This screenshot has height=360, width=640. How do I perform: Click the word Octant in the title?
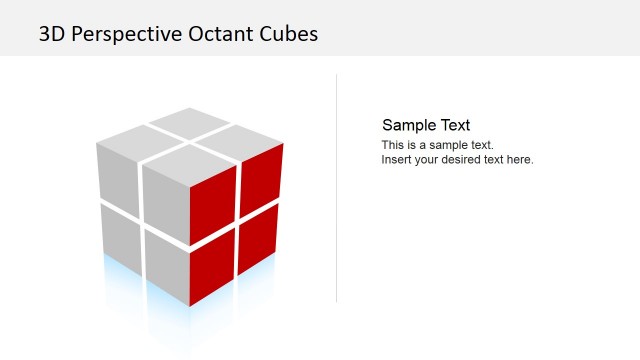[220, 34]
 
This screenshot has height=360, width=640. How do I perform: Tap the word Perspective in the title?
[126, 34]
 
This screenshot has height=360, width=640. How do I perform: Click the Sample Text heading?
[426, 125]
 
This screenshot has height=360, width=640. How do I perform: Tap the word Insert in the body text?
[397, 159]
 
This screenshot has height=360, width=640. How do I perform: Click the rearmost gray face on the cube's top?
[189, 123]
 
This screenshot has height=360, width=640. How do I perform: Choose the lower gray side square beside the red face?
[166, 266]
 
